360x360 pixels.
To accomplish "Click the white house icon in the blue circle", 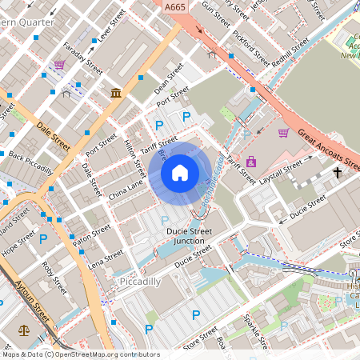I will click(180, 172).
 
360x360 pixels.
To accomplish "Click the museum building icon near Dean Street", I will click(117, 94).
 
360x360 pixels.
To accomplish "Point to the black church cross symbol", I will click(337, 172).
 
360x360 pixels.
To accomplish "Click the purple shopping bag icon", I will click(252, 162).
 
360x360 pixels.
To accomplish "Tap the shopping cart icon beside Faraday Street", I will click(60, 65).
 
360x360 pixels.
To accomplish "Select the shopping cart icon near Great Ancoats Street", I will click(283, 133).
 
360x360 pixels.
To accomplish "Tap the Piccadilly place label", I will click(139, 282).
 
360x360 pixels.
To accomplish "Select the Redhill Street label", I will click(289, 47).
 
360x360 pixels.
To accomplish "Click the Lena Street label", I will click(106, 259).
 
